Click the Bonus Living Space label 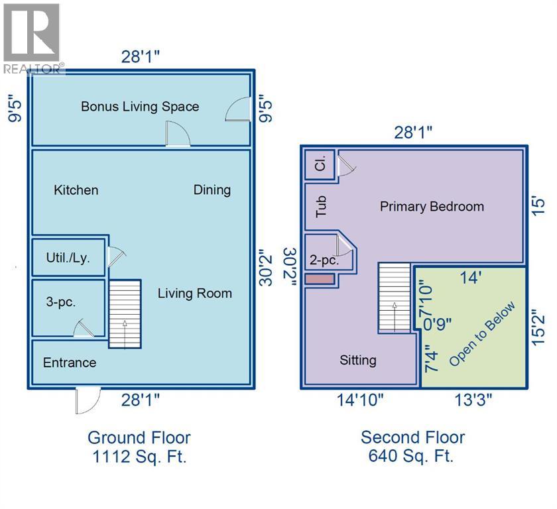[140, 107]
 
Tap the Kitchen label [76, 190]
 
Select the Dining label [212, 191]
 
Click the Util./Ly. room [68, 257]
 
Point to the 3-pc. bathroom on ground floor [68, 308]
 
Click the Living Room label [195, 294]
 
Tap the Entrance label [70, 363]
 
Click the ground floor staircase [125, 313]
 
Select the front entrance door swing [88, 401]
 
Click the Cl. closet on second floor [320, 165]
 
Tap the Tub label [321, 207]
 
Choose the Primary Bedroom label [432, 207]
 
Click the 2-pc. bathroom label [324, 260]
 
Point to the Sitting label [358, 361]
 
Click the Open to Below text [482, 334]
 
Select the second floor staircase [395, 298]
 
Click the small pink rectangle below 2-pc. [320, 278]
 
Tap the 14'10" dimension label [360, 400]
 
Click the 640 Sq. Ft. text [411, 456]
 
